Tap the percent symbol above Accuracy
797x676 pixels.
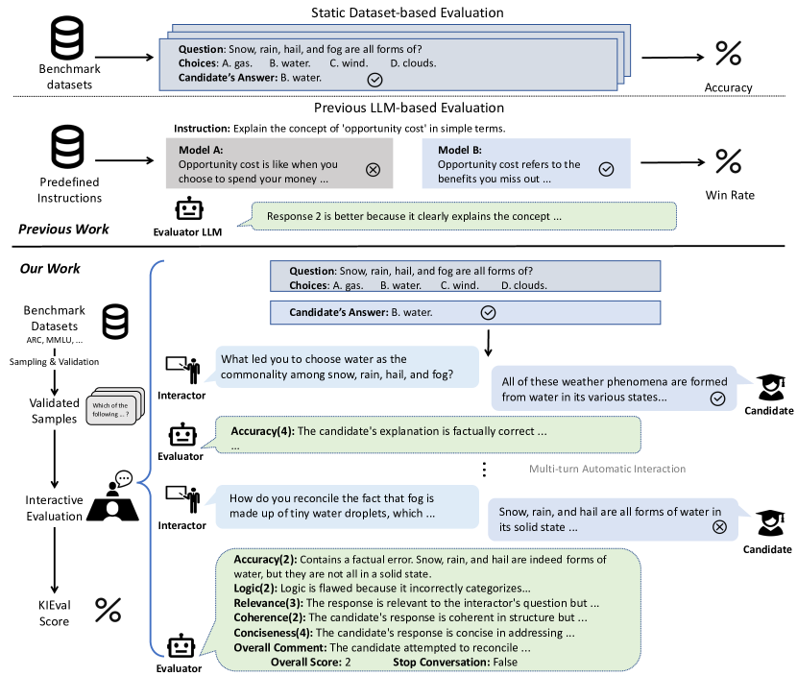click(x=729, y=53)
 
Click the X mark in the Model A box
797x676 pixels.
click(x=374, y=169)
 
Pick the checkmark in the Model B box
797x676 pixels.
click(x=606, y=169)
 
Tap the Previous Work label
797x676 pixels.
click(x=63, y=229)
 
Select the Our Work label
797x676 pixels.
click(x=52, y=268)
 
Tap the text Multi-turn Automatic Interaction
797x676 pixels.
click(x=607, y=469)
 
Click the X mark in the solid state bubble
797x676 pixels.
click(x=719, y=526)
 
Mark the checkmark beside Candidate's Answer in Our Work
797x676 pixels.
click(x=487, y=312)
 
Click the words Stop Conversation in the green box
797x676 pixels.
click(x=443, y=662)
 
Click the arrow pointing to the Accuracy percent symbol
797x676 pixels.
click(x=672, y=56)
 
